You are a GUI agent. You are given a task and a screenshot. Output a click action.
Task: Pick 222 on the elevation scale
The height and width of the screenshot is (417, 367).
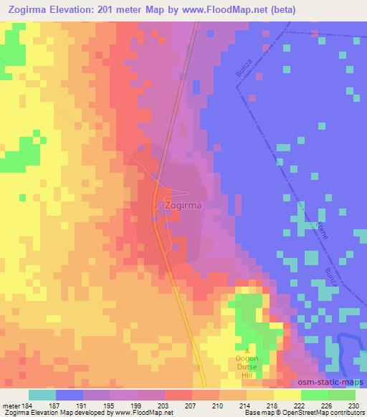tap(301, 406)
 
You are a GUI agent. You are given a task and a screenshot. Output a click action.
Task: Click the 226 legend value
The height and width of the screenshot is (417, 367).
tap(328, 406)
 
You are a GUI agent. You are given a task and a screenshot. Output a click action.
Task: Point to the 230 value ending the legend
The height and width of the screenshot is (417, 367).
tap(355, 406)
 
